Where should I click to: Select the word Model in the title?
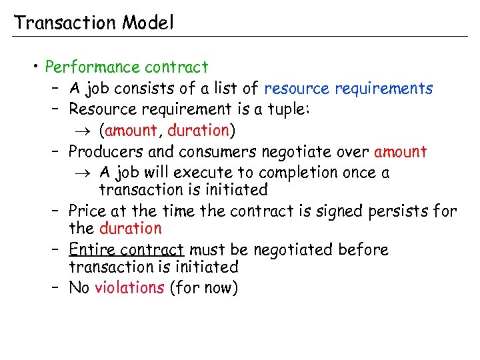tap(147, 23)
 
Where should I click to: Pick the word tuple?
tap(289, 109)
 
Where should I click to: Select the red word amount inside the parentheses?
tap(131, 130)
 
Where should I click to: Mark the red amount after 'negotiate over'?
tap(400, 151)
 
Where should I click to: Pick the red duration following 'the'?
tap(130, 229)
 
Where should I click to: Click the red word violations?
tap(129, 288)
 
